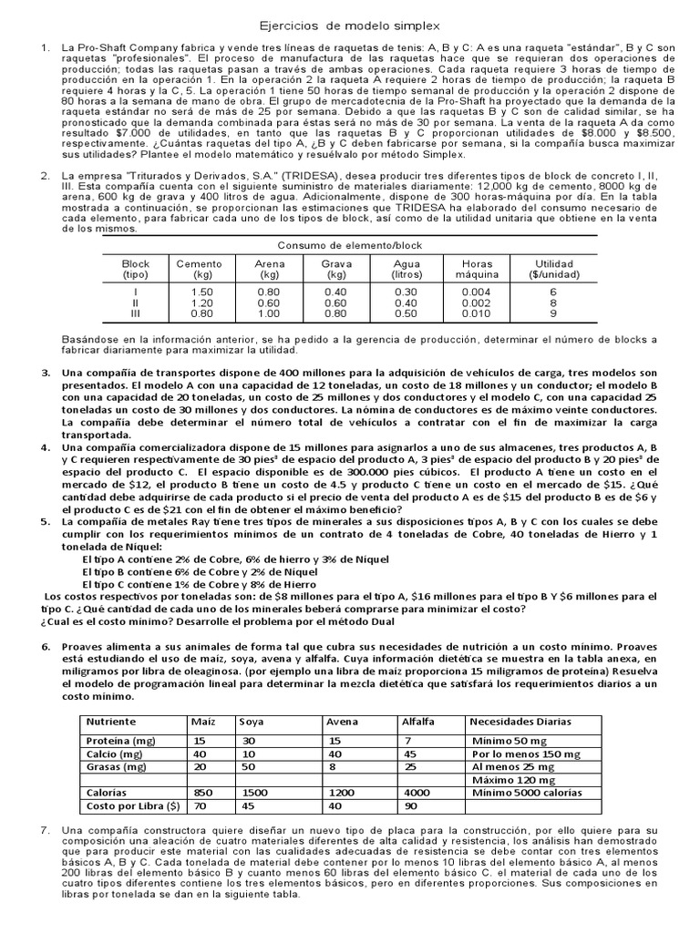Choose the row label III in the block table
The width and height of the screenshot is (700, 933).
[x=135, y=314]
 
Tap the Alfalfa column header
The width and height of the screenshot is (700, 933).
[x=419, y=722]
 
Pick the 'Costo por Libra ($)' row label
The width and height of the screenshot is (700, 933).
[x=132, y=807]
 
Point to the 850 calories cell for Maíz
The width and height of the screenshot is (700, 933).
[x=204, y=793]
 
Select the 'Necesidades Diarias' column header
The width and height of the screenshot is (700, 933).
[x=521, y=722]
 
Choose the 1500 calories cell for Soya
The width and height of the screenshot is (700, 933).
[x=255, y=793]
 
